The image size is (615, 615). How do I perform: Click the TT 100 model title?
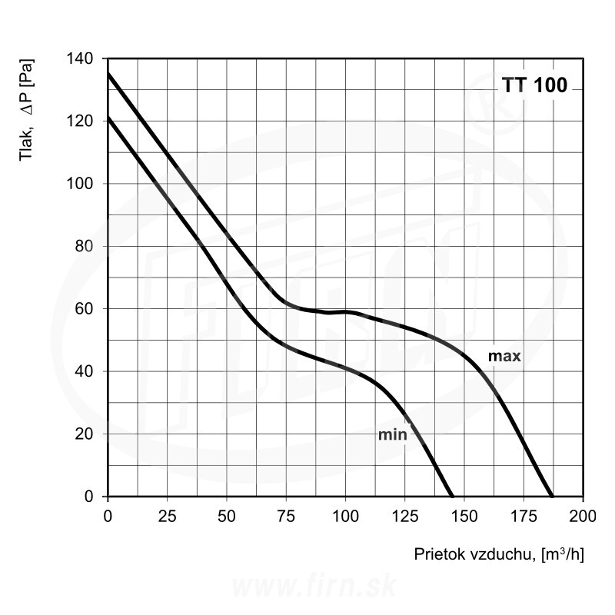click(x=535, y=85)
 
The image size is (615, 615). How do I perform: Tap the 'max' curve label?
click(x=505, y=356)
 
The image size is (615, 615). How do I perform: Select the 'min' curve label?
click(x=391, y=435)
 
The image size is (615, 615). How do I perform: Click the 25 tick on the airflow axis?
click(x=167, y=514)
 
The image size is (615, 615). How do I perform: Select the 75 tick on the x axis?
click(x=286, y=514)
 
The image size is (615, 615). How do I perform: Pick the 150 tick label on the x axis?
click(x=464, y=514)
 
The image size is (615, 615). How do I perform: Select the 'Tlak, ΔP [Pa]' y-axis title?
click(x=28, y=111)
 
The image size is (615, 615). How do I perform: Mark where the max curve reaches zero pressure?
click(x=552, y=497)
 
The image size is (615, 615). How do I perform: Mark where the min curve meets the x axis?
click(x=452, y=497)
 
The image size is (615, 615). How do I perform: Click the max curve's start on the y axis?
click(x=108, y=74)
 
